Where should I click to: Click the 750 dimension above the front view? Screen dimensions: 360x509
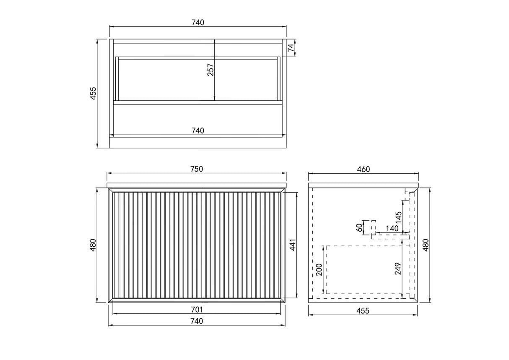[x=197, y=169]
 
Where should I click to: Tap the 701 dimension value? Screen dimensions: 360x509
[x=197, y=310]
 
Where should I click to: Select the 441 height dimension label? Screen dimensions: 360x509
[x=293, y=245]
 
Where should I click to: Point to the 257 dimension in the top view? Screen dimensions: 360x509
[x=210, y=70]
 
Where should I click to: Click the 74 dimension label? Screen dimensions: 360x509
[x=291, y=48]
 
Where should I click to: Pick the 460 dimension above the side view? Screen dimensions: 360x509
[x=363, y=169]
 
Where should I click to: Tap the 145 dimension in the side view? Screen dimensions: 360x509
[x=398, y=217]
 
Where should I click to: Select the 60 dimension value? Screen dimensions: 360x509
[x=359, y=227]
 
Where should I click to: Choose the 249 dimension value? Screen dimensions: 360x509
[x=398, y=269]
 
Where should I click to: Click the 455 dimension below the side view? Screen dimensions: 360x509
[x=363, y=311]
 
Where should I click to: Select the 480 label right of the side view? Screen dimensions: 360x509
[x=426, y=245]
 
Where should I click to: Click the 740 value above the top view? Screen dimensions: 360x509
[x=197, y=23]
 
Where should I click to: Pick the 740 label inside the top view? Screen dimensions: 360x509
[x=197, y=130]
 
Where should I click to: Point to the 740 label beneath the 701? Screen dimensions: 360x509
[x=197, y=321]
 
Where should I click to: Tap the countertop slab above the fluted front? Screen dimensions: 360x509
[x=197, y=185]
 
